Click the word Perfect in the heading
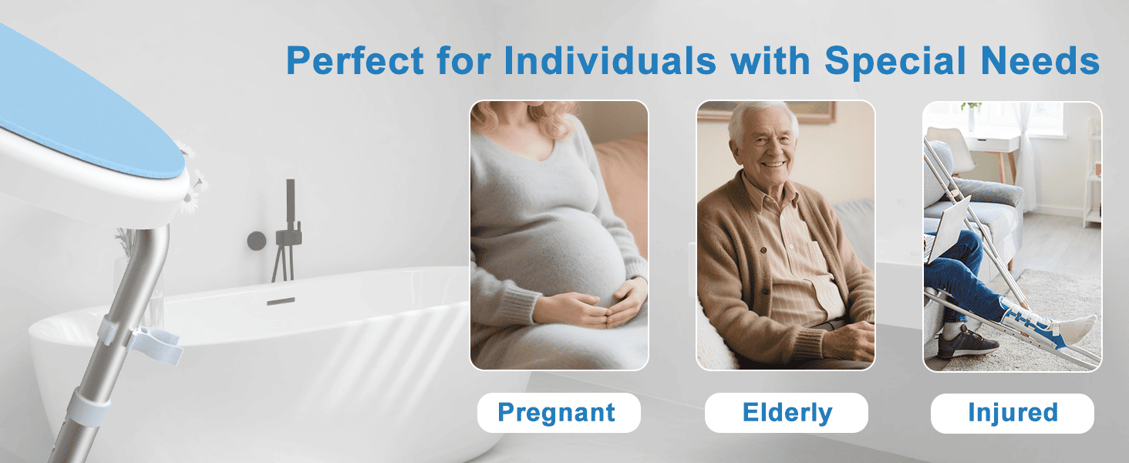pos(354,60)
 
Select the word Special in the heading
pos(902,60)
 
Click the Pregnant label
pos(557,413)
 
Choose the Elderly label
pos(787,413)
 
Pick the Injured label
pos(1012,413)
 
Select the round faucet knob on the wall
pos(256,241)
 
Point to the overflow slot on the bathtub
pos(281,301)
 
